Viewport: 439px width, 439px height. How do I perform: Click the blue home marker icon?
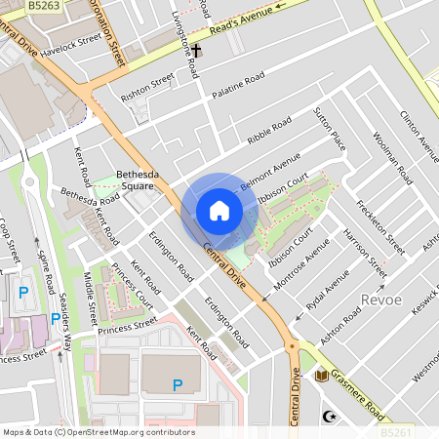(219, 211)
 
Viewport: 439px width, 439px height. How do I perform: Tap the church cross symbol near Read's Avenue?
(195, 49)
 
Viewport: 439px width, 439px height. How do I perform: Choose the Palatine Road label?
(239, 83)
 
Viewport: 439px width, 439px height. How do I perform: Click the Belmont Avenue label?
(269, 170)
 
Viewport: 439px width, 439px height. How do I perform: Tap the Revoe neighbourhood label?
(381, 299)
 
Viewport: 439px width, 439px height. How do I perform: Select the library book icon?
(323, 375)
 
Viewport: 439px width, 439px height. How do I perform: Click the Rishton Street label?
(147, 85)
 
